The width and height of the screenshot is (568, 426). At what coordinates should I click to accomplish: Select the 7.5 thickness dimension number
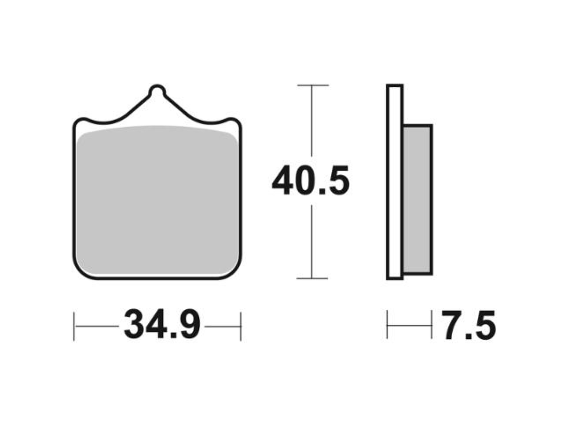pyautogui.click(x=468, y=326)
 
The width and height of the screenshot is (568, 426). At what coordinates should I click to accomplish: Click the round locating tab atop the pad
pyautogui.click(x=157, y=93)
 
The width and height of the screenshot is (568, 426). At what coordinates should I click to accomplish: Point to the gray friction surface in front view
pyautogui.click(x=157, y=199)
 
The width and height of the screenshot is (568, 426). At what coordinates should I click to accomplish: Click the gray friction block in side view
pyautogui.click(x=417, y=199)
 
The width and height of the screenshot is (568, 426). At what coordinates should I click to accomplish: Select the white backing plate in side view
pyautogui.click(x=394, y=182)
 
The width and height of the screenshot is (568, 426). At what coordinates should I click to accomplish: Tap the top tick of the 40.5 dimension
pyautogui.click(x=312, y=86)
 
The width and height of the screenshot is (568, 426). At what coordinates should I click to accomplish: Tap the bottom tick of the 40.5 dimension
pyautogui.click(x=312, y=278)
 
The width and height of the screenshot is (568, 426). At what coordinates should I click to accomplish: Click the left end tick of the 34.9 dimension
pyautogui.click(x=74, y=326)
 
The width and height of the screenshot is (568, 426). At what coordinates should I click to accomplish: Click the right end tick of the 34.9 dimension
pyautogui.click(x=241, y=326)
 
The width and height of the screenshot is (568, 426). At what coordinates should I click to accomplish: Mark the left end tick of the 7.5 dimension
pyautogui.click(x=387, y=325)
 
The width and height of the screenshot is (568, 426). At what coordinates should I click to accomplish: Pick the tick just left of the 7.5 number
pyautogui.click(x=431, y=325)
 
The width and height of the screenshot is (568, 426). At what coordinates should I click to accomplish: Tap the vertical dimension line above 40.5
pyautogui.click(x=312, y=120)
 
